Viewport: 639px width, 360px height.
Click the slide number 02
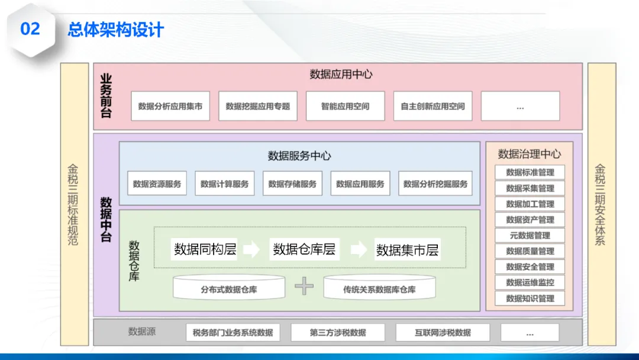[30, 28]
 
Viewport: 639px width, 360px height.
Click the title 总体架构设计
[115, 30]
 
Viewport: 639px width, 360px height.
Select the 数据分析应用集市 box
[170, 107]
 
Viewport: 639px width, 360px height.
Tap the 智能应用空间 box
[345, 107]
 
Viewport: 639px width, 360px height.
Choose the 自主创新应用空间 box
[433, 107]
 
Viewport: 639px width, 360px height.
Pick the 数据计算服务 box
[225, 184]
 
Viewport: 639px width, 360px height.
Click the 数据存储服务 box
[292, 184]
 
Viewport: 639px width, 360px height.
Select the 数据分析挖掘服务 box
[435, 184]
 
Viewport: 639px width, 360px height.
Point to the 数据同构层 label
[205, 249]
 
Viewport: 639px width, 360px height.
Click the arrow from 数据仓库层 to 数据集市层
[358, 250]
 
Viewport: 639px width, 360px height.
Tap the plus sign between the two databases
[304, 287]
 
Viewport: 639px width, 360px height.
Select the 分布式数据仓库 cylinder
[229, 288]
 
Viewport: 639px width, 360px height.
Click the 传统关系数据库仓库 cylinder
[379, 288]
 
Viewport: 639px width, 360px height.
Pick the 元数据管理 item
[530, 236]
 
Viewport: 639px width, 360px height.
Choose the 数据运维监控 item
[530, 282]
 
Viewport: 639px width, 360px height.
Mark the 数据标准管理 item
[530, 173]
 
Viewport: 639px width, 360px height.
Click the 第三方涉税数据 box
[338, 332]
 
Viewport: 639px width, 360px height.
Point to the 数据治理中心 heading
[529, 154]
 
